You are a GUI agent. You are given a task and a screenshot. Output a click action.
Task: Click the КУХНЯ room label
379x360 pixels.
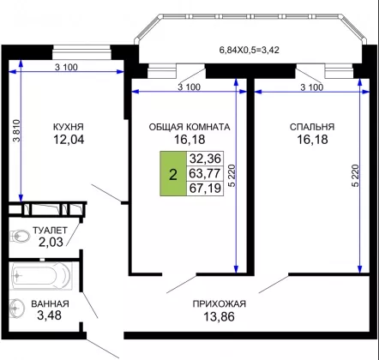pos(69,127)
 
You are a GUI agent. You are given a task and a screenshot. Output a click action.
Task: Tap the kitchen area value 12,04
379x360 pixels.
pos(69,140)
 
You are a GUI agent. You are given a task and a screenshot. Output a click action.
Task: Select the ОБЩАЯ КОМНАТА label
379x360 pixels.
pos(189,127)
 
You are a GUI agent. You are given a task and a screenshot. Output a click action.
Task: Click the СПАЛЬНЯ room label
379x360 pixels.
pos(312,127)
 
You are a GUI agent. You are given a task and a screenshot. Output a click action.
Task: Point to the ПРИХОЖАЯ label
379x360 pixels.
pos(220,303)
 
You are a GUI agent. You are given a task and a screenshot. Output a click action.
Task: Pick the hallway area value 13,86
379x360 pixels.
pos(219,316)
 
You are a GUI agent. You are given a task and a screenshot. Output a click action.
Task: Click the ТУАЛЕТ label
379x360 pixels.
pos(50,231)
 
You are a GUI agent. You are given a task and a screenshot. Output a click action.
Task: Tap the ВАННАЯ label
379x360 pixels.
pos(50,303)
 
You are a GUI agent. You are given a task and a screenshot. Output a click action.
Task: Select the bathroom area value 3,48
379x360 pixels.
pos(49,315)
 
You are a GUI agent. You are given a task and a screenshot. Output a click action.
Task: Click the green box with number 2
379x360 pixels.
pos(173,173)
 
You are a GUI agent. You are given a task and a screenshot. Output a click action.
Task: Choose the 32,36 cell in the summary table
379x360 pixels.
pos(205,159)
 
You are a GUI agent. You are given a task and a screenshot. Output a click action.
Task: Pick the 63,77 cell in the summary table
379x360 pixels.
pos(205,173)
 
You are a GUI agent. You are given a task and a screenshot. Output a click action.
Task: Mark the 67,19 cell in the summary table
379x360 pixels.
pos(205,189)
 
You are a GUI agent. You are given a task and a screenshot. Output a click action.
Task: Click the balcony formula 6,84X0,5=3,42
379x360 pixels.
pos(249,51)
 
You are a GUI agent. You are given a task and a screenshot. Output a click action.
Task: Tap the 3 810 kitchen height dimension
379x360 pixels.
pos(17,130)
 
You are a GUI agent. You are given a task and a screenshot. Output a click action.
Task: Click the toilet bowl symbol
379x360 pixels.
pos(20,237)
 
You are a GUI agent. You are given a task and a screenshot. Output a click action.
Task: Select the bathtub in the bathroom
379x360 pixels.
pos(40,276)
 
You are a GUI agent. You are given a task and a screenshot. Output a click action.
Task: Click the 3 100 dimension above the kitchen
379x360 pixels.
pos(66,68)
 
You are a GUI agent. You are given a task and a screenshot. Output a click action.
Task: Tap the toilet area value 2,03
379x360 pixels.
pos(51,243)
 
